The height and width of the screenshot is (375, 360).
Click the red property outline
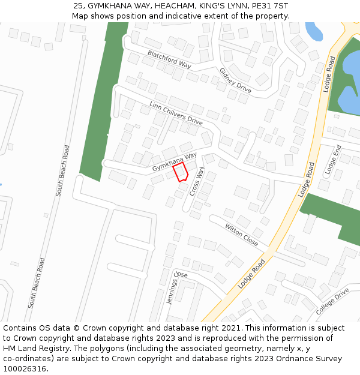pos(181,172)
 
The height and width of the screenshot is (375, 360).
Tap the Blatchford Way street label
pos(169,59)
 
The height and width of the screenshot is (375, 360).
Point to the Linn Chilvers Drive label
pos(176,113)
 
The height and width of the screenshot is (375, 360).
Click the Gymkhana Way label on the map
pos(174,160)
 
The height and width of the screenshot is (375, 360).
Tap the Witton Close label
pos(241,235)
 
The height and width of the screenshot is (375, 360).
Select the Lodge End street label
pos(332,160)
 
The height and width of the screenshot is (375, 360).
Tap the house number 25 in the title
pos(78,6)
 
